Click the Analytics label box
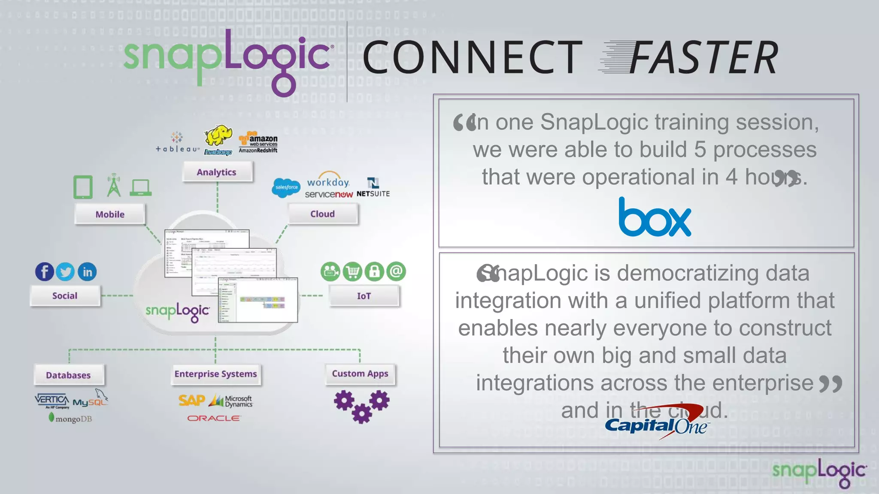(x=217, y=172)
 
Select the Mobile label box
(x=110, y=214)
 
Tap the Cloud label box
(x=322, y=214)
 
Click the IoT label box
(x=364, y=296)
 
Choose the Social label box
(x=65, y=295)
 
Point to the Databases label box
(x=68, y=375)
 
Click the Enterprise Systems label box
(x=215, y=374)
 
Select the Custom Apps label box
(x=360, y=374)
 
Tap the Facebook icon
(x=45, y=272)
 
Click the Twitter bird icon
(x=65, y=272)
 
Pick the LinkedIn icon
(x=87, y=272)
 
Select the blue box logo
(x=655, y=217)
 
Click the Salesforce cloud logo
(x=286, y=188)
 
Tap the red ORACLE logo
(x=214, y=418)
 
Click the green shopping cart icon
(x=352, y=271)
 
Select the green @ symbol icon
(x=396, y=271)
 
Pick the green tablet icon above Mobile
(x=83, y=187)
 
